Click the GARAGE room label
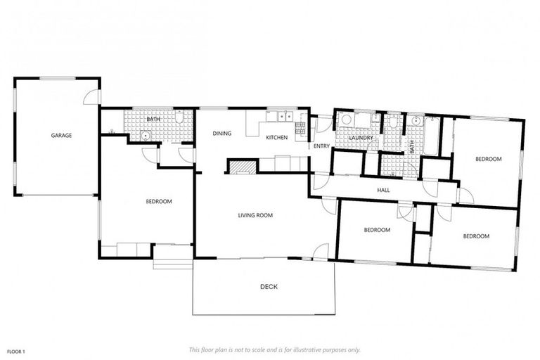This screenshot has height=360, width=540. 60,135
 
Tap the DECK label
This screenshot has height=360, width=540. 269,286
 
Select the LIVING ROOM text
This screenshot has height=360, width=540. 255,215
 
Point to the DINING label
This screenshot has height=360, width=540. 223,134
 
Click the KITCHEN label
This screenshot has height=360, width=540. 276,138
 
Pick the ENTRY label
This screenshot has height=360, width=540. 321,146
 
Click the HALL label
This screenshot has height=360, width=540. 383,190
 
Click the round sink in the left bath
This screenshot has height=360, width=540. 146,136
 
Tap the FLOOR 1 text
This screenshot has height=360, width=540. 16,351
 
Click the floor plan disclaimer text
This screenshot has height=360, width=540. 274,349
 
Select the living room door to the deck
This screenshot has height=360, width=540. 321,251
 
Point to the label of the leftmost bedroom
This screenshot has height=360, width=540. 159,202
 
